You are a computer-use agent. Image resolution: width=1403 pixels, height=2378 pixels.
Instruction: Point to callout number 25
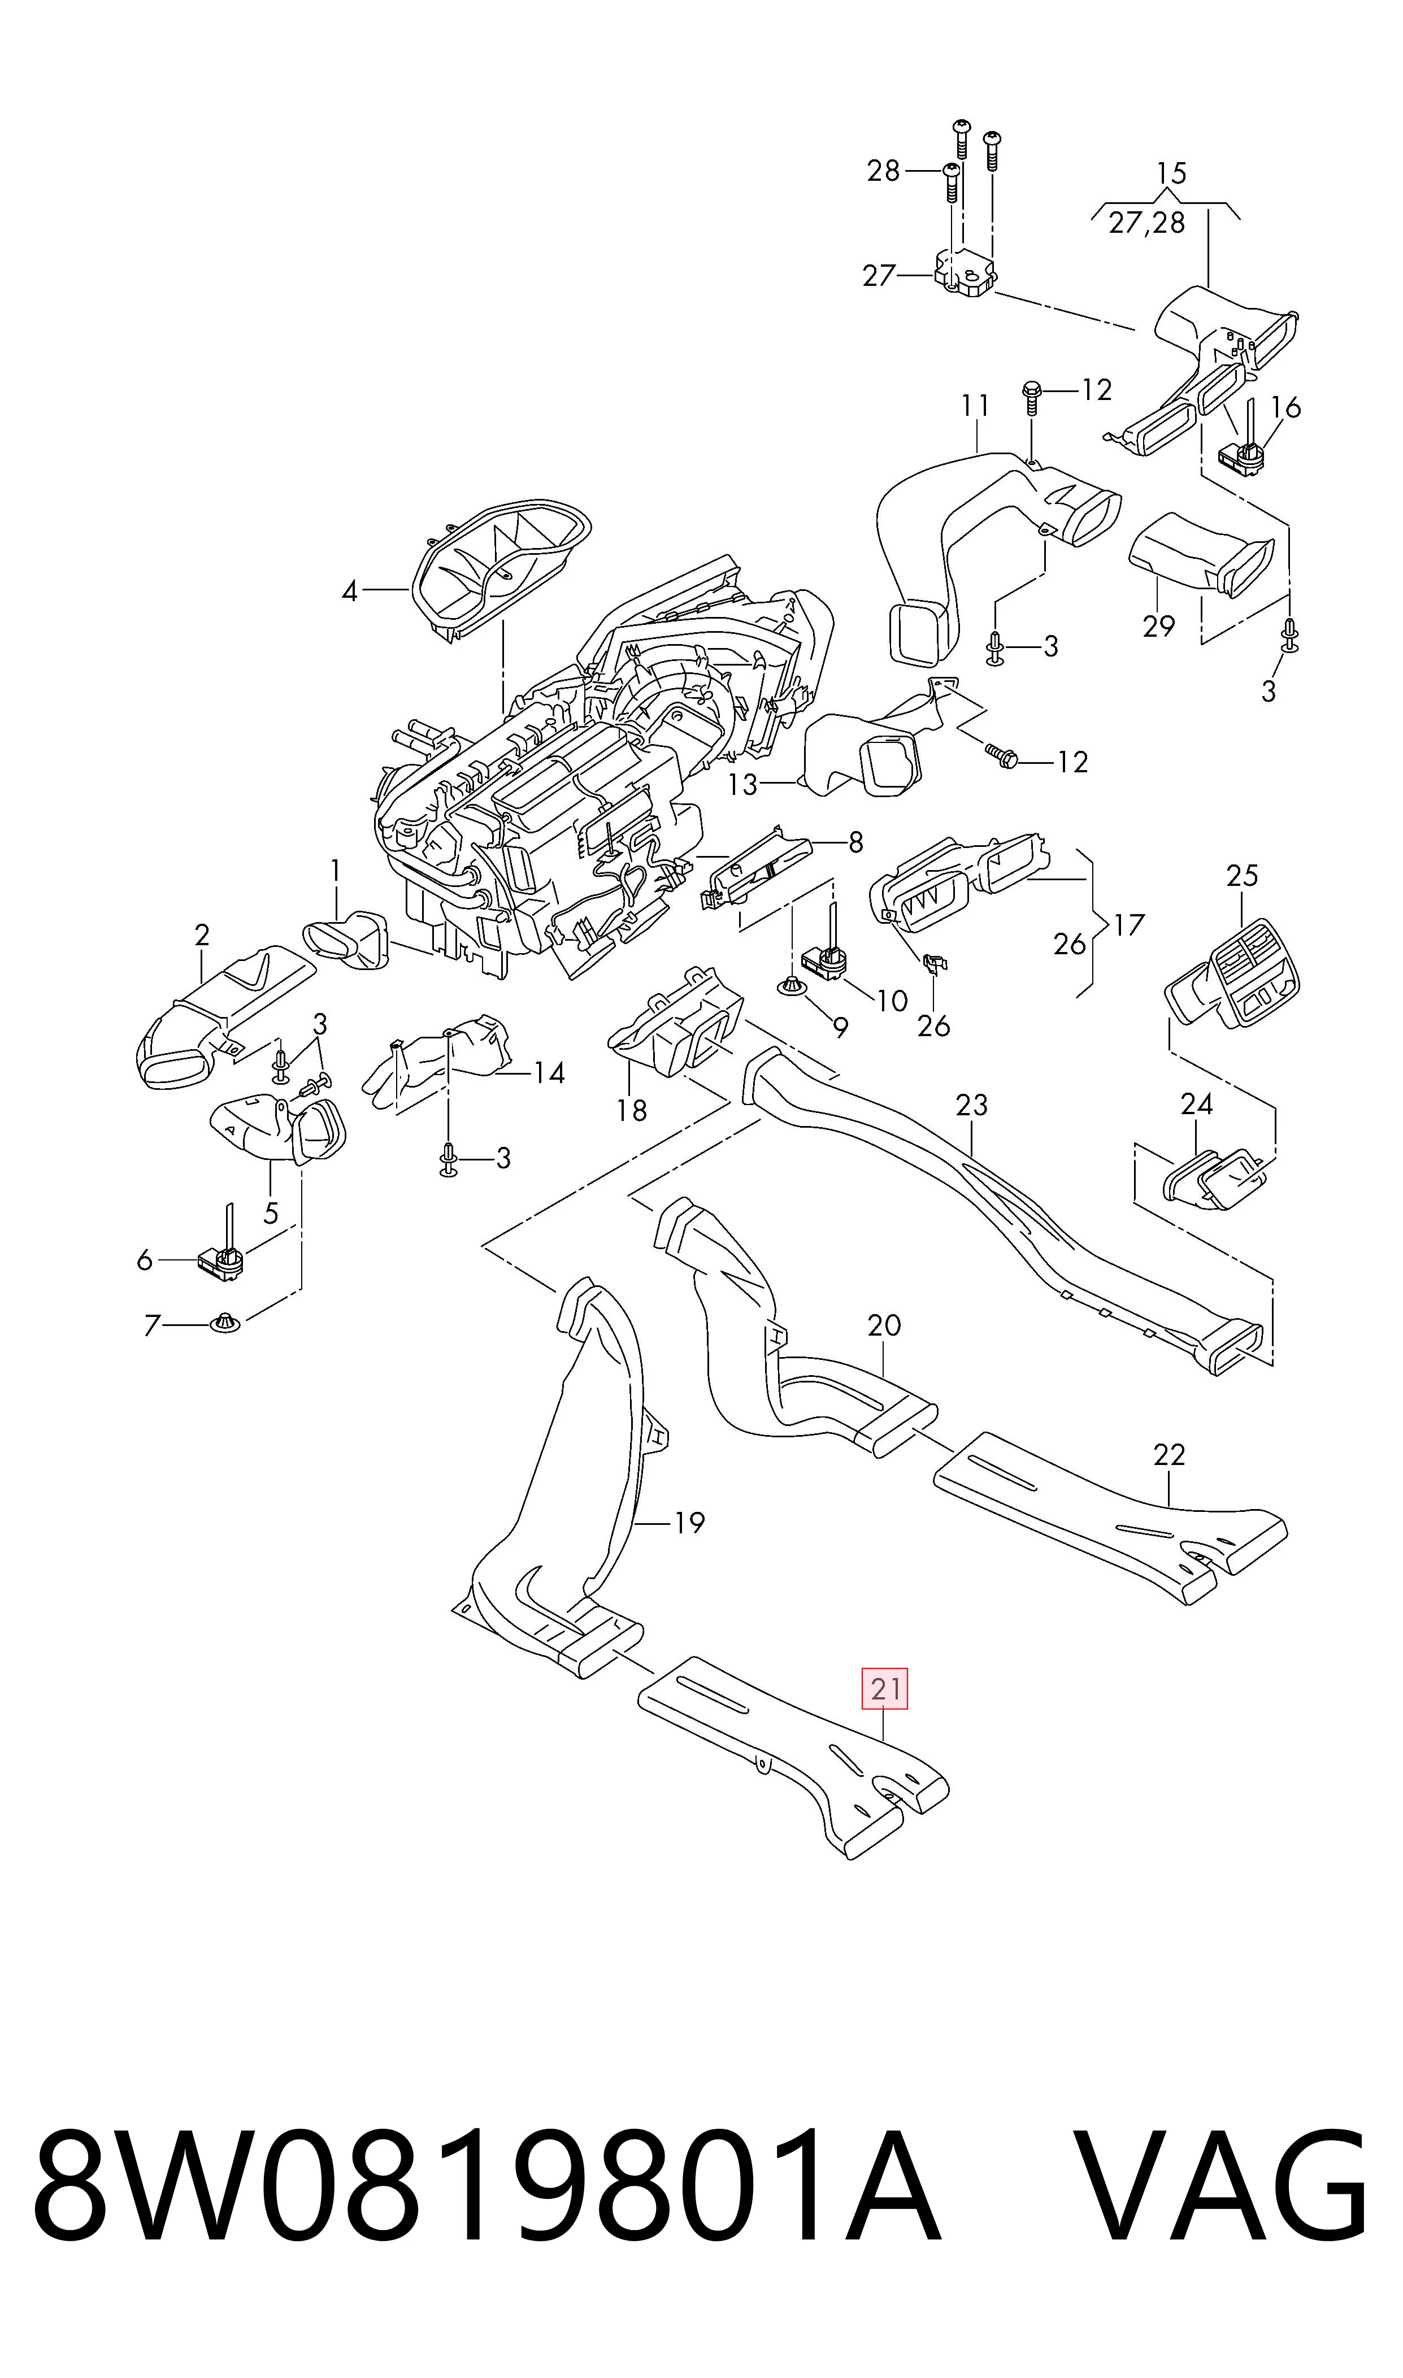pyautogui.click(x=1243, y=876)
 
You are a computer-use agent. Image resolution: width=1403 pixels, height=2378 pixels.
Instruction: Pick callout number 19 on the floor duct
pyautogui.click(x=689, y=1523)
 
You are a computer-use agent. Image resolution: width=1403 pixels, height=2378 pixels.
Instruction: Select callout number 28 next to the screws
pyautogui.click(x=884, y=171)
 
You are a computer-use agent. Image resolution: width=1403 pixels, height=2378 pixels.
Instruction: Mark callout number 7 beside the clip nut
pyautogui.click(x=151, y=1326)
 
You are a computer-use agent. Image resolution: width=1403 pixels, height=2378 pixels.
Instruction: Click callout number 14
pyautogui.click(x=549, y=1073)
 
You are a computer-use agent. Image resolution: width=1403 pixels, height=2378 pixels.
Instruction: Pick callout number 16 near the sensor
pyautogui.click(x=1286, y=407)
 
